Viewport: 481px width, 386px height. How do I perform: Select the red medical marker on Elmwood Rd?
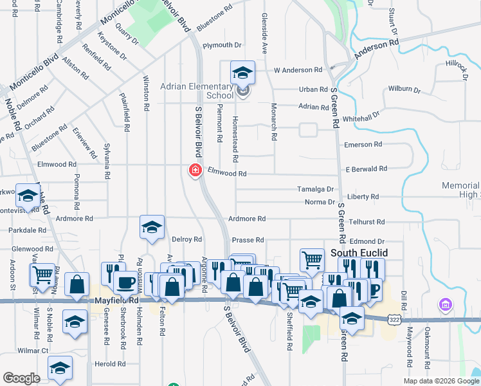pos(194,170)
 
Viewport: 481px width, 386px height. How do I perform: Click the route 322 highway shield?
pos(394,319)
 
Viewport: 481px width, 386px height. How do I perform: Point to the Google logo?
pos(22,378)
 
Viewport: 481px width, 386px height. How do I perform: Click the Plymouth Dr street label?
pos(221,46)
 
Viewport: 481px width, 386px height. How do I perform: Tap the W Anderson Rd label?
pos(297,69)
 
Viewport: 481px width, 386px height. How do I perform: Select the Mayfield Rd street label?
pos(116,300)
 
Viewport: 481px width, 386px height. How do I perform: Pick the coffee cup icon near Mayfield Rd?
pos(125,282)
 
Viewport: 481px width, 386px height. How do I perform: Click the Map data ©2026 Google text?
pos(441,381)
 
